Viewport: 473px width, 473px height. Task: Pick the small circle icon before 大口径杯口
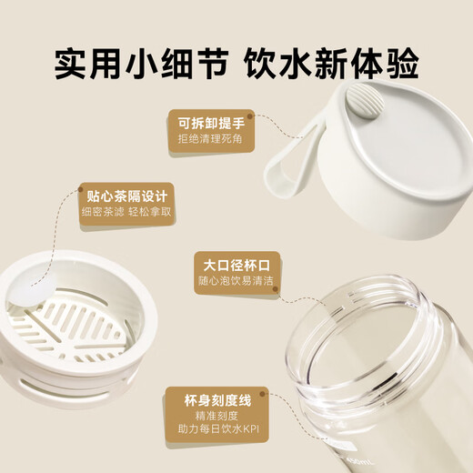point(198,264)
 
